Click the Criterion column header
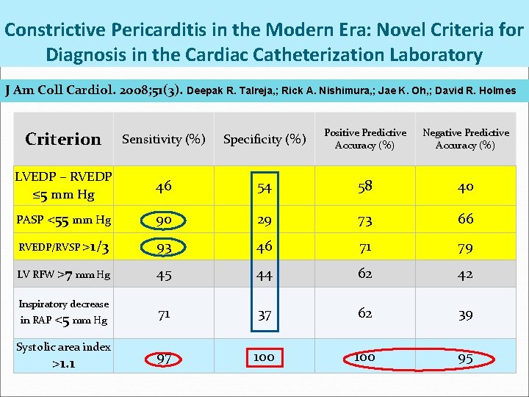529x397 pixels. pos(63,139)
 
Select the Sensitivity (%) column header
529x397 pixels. pos(164,139)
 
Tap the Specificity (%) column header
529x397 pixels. pos(264,139)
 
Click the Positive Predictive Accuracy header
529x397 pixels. pos(365,138)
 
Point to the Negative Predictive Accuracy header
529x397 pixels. pos(466,138)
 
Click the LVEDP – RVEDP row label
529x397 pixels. pos(63,186)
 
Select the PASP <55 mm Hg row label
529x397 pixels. pos(63,219)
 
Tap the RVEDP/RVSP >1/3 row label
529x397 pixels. pos(63,247)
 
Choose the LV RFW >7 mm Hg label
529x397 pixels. pos(63,275)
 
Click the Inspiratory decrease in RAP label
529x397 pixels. pos(63,312)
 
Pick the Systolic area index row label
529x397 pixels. pos(63,354)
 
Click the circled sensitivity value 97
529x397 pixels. pos(164,358)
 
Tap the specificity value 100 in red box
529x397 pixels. pos(264,357)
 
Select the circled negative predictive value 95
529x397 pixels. pos(466,358)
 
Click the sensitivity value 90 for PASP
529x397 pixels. pos(164,219)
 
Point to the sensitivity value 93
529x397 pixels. pos(164,247)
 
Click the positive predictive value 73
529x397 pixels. pos(365,221)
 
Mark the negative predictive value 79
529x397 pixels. pos(466,247)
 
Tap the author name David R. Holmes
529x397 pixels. pos(476,91)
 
